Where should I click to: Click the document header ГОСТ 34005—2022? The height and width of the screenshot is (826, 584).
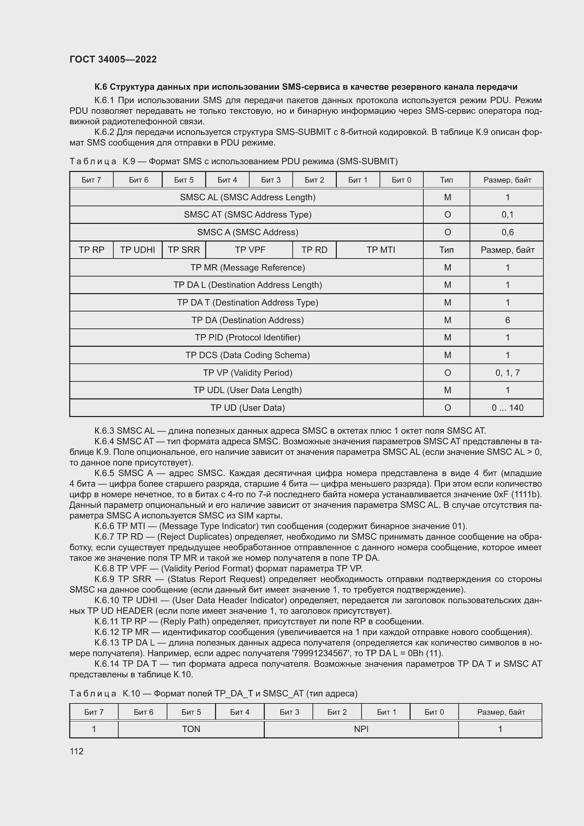(113, 59)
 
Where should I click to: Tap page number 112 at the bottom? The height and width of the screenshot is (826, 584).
(76, 751)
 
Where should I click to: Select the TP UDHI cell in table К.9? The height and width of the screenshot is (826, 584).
(137, 250)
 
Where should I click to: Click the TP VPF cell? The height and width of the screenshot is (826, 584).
(250, 250)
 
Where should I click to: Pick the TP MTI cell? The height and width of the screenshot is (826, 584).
(381, 250)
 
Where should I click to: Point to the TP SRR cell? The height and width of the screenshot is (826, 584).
(183, 250)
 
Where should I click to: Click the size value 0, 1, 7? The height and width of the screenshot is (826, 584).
(507, 373)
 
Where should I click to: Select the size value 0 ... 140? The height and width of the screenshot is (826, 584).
(507, 408)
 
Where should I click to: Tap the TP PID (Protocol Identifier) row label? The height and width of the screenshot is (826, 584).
(248, 338)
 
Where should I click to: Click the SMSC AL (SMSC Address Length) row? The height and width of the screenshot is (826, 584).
(248, 197)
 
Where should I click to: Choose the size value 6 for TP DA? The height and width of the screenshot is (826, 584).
(507, 320)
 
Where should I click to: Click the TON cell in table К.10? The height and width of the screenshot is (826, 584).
(191, 729)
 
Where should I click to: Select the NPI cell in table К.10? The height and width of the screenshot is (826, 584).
(361, 729)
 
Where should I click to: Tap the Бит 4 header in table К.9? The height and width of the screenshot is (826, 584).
(227, 180)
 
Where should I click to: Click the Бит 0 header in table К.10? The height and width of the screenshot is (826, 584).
(434, 712)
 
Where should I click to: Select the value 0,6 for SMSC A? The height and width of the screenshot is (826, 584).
(507, 232)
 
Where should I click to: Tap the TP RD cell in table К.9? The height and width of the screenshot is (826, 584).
(314, 250)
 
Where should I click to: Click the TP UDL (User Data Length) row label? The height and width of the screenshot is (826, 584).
(248, 390)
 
